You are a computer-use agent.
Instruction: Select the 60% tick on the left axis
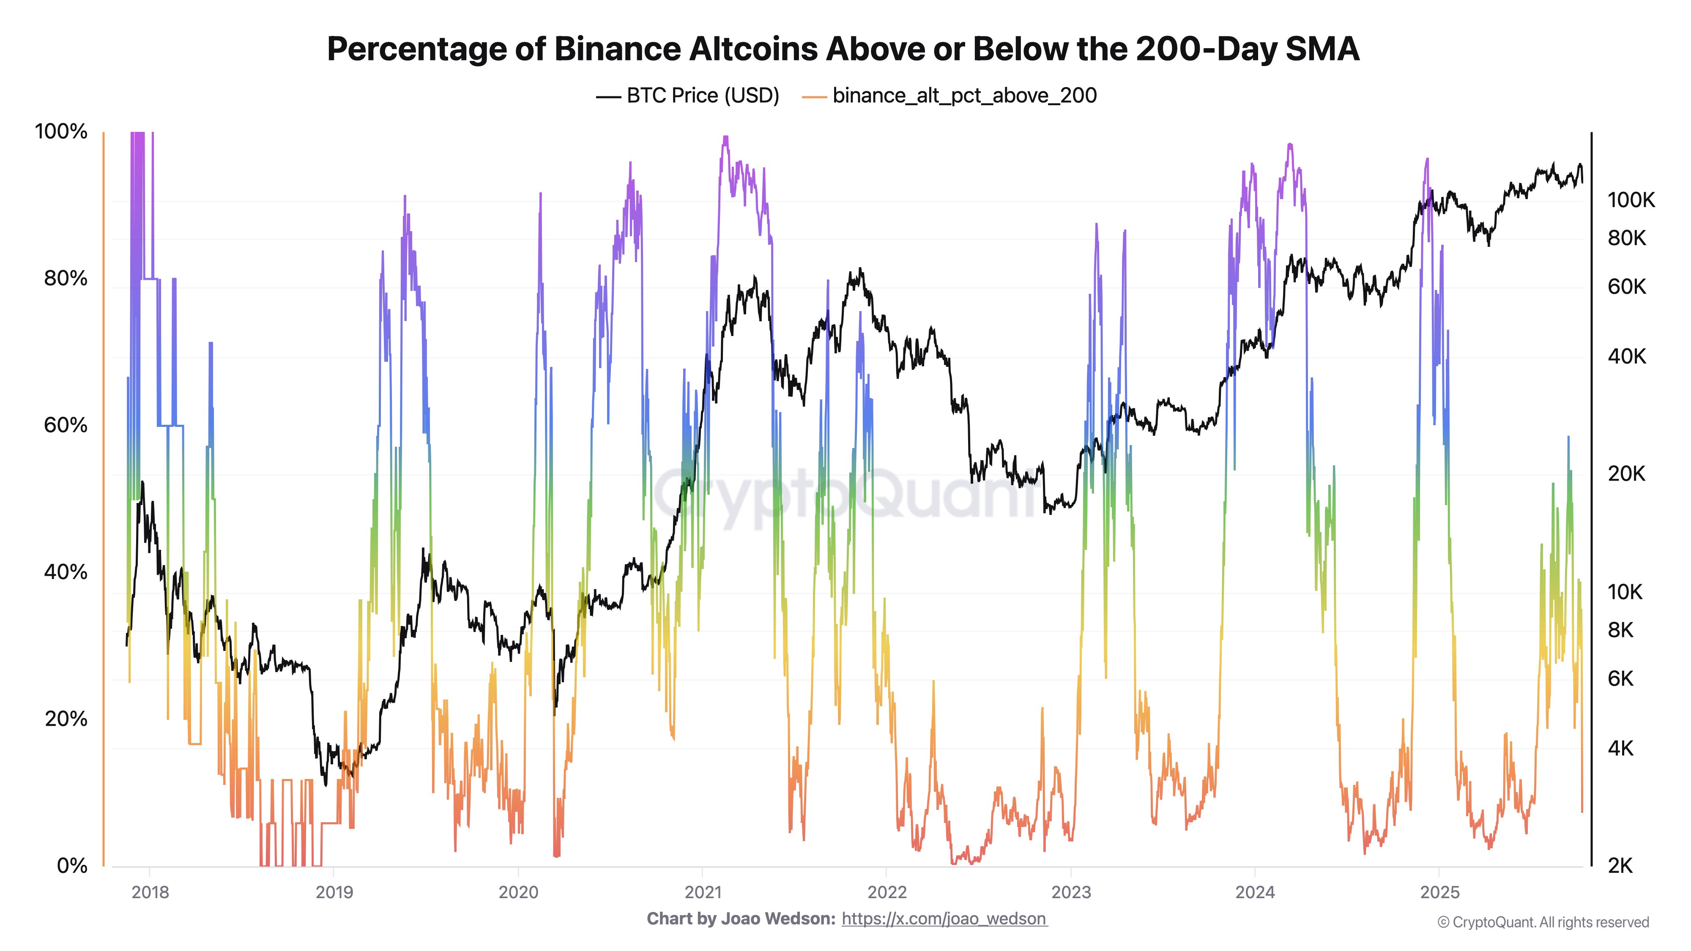pos(65,425)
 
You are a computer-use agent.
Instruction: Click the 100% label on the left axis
pos(60,131)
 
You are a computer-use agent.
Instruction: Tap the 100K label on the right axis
pos(1631,200)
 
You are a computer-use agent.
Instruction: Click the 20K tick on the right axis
pos(1626,473)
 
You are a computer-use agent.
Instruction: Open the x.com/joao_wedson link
pos(944,919)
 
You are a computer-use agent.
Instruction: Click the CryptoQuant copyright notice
pos(1543,922)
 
